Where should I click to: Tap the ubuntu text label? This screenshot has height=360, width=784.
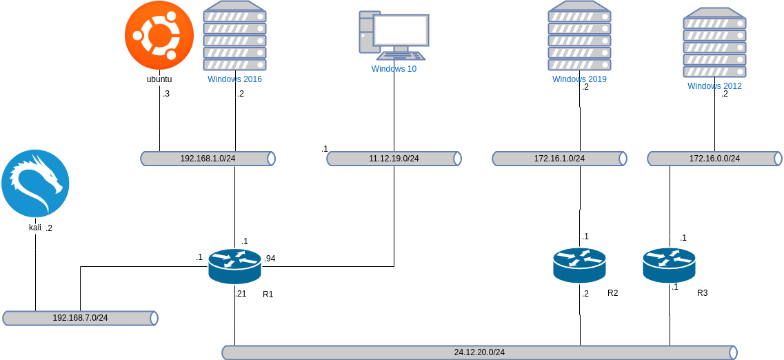(159, 80)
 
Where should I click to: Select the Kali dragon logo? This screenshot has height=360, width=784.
(35, 183)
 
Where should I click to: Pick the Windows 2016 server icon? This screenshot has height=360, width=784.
(234, 36)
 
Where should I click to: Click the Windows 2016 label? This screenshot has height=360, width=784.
(234, 79)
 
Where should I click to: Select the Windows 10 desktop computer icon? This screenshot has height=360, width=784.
(394, 34)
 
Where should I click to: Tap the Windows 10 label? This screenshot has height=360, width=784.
(394, 69)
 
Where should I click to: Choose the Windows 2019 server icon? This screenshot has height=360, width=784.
(579, 36)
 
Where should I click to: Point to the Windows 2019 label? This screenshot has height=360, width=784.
(579, 79)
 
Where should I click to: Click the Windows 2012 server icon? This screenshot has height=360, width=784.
(714, 43)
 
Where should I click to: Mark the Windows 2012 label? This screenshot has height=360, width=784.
(714, 86)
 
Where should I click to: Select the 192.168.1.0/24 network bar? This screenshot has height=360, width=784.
(208, 159)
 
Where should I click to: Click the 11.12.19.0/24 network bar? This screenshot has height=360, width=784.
(394, 159)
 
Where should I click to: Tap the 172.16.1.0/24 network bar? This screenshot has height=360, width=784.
(559, 159)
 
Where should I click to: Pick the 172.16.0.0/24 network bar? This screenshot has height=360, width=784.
(714, 159)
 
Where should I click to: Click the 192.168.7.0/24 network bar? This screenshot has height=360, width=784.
(80, 318)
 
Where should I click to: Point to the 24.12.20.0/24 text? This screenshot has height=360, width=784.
(479, 352)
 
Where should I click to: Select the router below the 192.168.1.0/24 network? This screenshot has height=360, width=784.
(234, 266)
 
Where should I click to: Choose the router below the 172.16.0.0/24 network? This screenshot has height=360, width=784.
(669, 265)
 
